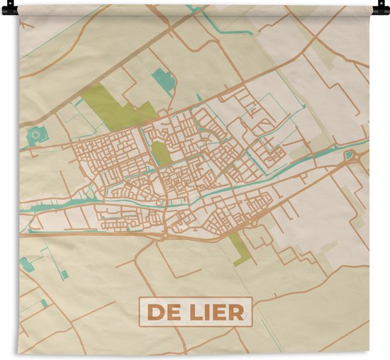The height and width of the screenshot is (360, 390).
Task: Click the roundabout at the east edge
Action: coord(349,154)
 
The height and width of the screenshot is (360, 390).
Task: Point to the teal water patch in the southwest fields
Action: coord(26,264)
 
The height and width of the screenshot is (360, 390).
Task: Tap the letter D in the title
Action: coord(154,312)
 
